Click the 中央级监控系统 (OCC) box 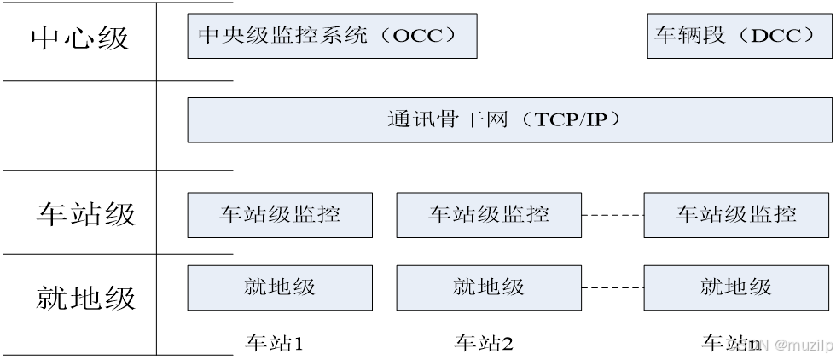click(332, 36)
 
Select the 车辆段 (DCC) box click(739, 36)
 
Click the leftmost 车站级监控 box click(280, 214)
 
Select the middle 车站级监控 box click(489, 214)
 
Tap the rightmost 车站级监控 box click(737, 214)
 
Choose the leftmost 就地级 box click(280, 287)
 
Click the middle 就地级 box click(489, 287)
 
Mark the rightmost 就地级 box click(737, 287)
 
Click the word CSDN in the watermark click(746, 345)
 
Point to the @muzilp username click(803, 345)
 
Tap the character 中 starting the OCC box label click(210, 36)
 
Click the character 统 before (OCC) click(355, 36)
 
